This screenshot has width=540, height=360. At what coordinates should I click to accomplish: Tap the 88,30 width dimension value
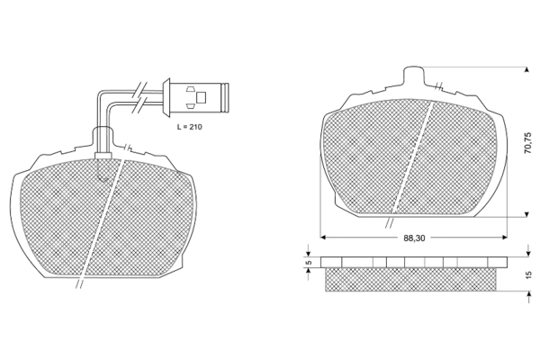[x=414, y=238]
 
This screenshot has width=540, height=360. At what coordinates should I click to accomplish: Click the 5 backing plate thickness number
[x=308, y=264]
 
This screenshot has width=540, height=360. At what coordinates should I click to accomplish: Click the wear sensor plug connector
[x=199, y=93]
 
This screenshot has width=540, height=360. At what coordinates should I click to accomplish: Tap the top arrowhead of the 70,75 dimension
[x=526, y=69]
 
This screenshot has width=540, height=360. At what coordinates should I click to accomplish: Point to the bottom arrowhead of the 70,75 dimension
[x=526, y=215]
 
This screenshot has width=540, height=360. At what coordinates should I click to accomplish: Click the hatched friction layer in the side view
[x=409, y=280]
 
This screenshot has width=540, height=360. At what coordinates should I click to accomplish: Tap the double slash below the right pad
[x=390, y=220]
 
